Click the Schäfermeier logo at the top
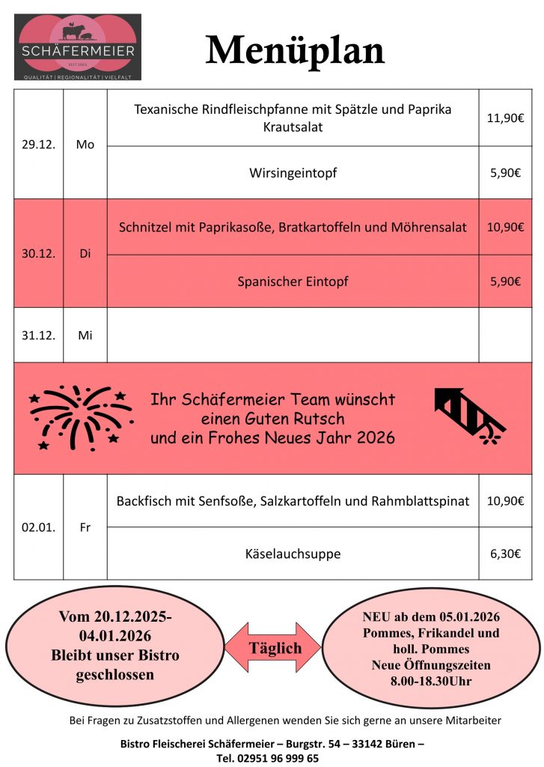point(79,46)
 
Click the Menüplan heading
point(295,50)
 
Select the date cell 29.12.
point(38,145)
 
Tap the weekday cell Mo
point(85,145)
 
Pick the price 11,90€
point(505,118)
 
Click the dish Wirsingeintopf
point(293,173)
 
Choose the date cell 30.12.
point(38,253)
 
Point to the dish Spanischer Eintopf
point(293,282)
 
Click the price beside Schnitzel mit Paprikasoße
point(505,227)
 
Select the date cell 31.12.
point(38,336)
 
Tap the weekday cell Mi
point(85,336)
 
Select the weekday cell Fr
point(85,527)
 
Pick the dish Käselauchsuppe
point(293,554)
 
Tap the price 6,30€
point(505,554)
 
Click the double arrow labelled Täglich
point(275,648)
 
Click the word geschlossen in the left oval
point(114,675)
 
